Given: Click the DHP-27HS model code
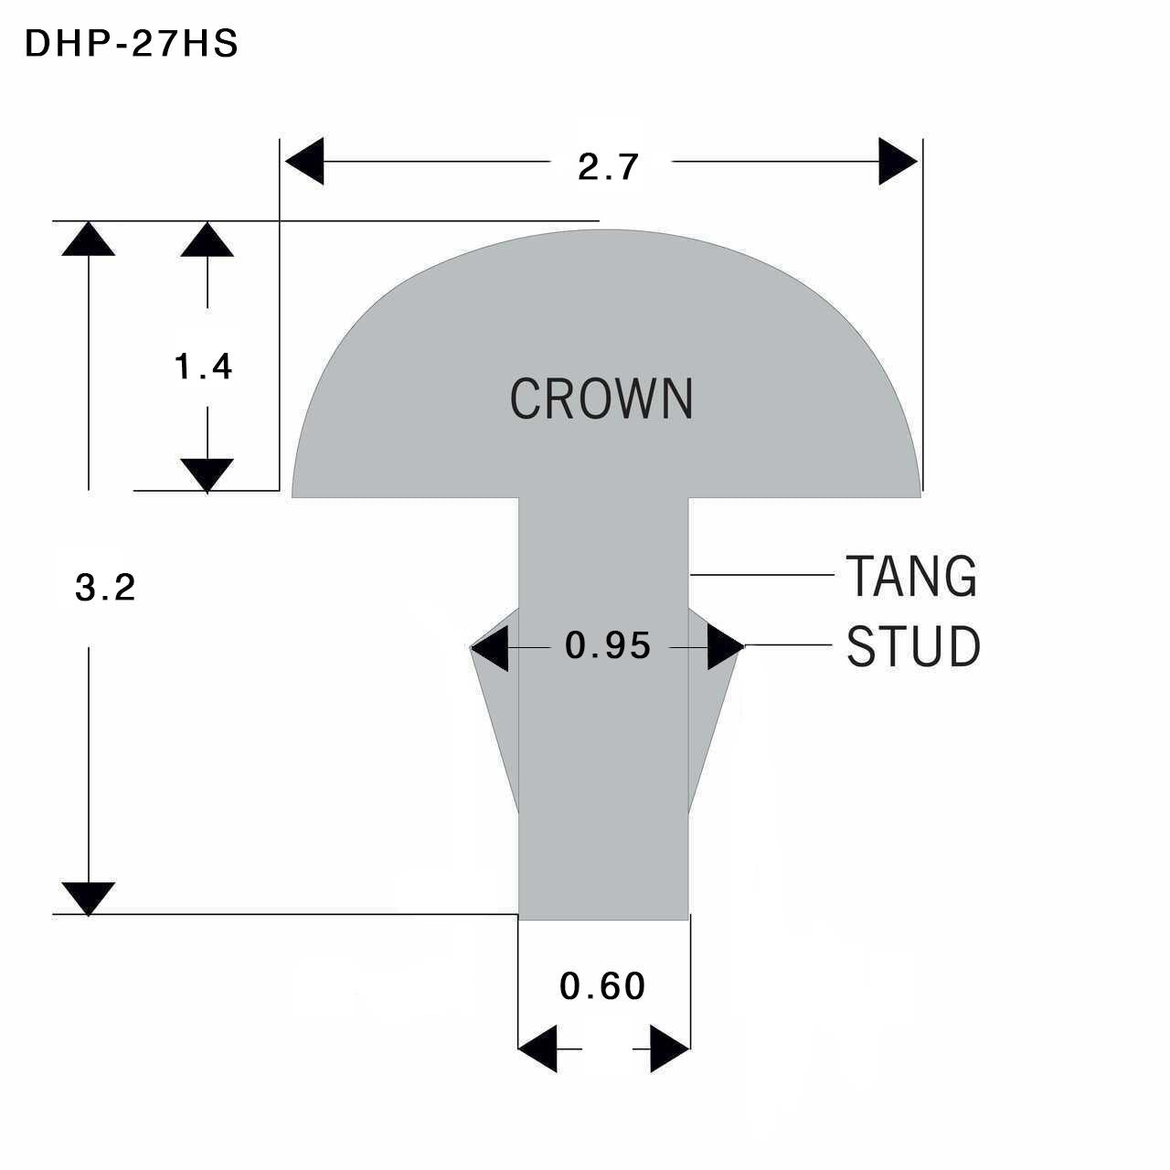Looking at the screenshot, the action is click(132, 44).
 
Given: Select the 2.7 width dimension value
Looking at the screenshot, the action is click(608, 166).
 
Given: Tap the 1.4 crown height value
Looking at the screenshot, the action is click(203, 367).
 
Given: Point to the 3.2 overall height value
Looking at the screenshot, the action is click(105, 587).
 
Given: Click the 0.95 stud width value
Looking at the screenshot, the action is click(607, 644).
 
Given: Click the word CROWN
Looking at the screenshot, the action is click(601, 399).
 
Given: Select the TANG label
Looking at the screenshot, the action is click(911, 576).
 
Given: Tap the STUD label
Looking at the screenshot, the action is click(913, 646).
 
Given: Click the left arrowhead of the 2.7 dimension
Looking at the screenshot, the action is click(304, 161).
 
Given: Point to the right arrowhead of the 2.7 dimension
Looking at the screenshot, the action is click(898, 161).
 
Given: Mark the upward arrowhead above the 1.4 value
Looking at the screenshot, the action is click(207, 239).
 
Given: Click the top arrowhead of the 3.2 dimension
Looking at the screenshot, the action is click(89, 239).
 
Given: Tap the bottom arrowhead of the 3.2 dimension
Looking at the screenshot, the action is click(89, 899).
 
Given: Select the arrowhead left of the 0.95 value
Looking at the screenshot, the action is click(489, 647).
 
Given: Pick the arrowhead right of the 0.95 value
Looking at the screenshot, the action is click(726, 646).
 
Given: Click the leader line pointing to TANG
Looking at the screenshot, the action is click(762, 574).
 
